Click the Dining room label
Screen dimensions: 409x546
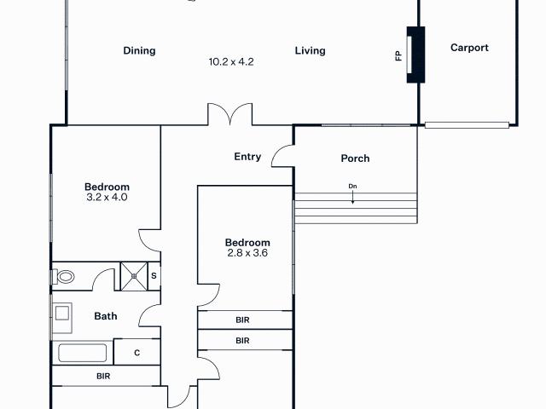(x=139, y=51)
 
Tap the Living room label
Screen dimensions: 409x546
(x=311, y=51)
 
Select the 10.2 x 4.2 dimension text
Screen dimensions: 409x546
(x=231, y=62)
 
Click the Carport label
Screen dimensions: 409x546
(x=469, y=49)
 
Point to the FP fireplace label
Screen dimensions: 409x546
(x=398, y=56)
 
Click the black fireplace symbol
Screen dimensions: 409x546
(x=415, y=55)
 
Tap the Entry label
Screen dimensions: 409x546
(x=247, y=157)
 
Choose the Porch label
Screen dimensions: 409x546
(x=355, y=158)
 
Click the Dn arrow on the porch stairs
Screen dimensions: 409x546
(x=352, y=196)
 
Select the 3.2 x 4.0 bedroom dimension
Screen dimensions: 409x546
(x=107, y=198)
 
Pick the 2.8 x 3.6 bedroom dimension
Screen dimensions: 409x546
(x=247, y=253)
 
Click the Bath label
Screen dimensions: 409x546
(x=106, y=317)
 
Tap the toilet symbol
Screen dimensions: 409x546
(x=65, y=277)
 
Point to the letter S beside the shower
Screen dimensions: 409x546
(x=154, y=276)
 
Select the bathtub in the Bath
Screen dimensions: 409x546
(x=82, y=353)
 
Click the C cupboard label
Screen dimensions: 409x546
(x=136, y=353)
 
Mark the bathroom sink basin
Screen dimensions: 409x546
(x=62, y=313)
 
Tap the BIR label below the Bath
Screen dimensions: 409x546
(x=103, y=376)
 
